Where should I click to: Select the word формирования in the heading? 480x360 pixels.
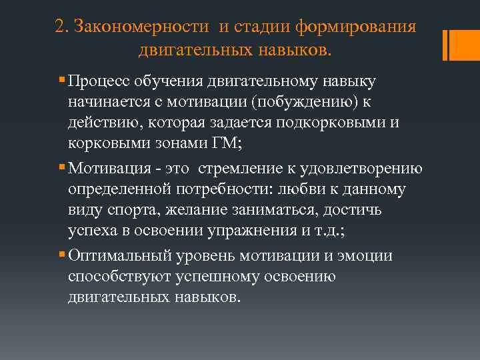361,27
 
